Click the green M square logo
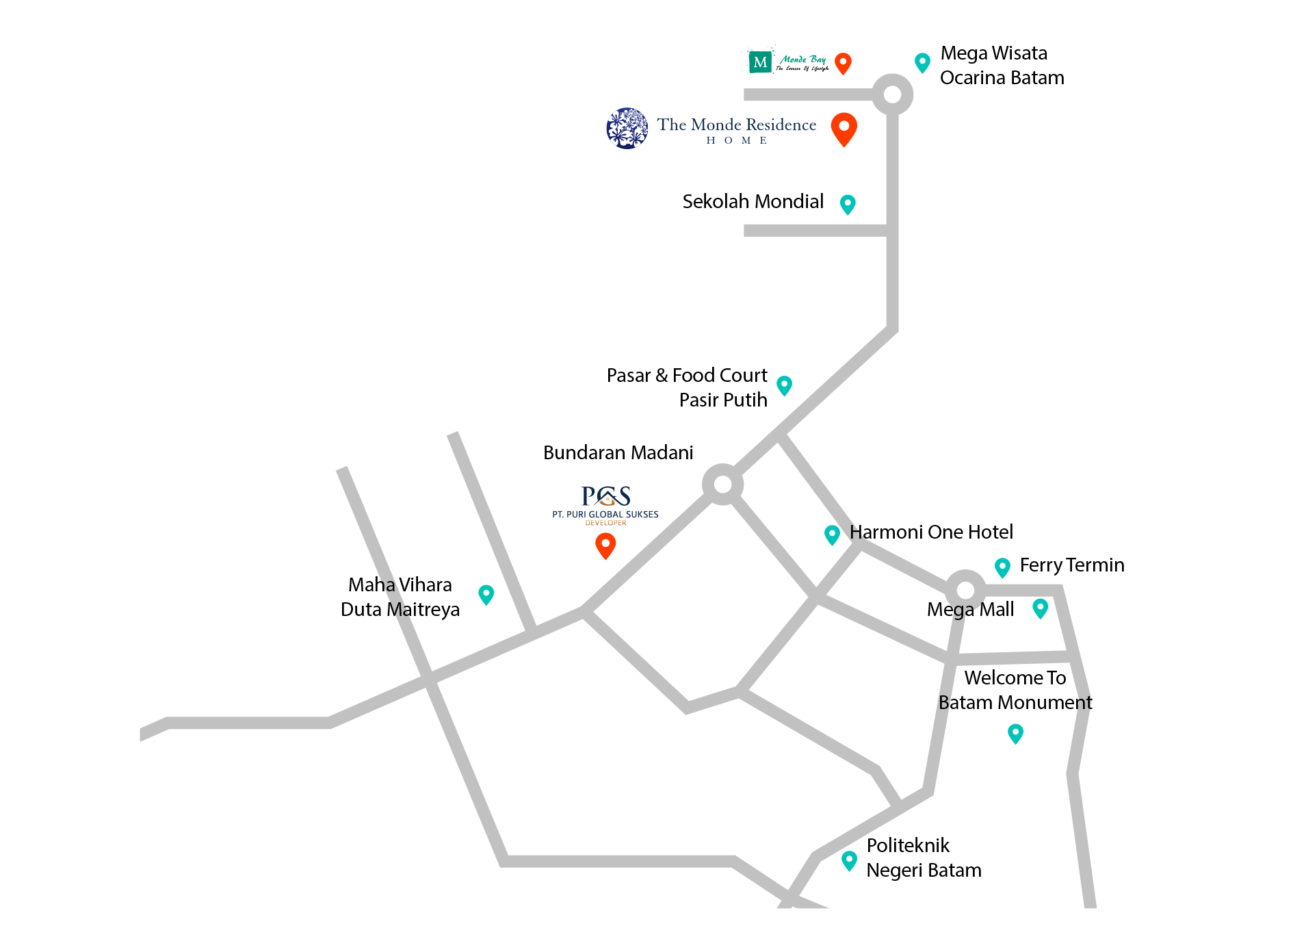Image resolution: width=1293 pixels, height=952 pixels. click(x=760, y=62)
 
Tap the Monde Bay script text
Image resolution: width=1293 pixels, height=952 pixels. click(x=802, y=60)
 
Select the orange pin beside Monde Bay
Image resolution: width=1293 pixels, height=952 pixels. click(x=843, y=63)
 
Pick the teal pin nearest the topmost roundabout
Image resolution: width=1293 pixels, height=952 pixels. click(x=922, y=62)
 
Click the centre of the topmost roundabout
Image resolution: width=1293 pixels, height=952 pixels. click(x=892, y=94)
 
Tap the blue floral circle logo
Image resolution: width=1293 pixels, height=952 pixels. click(x=627, y=127)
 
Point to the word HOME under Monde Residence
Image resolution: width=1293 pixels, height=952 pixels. click(x=737, y=140)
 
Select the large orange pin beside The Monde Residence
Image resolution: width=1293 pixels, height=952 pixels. click(x=844, y=128)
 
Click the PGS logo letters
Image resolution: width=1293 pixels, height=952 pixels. click(x=605, y=496)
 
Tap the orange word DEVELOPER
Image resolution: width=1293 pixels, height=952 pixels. click(x=605, y=523)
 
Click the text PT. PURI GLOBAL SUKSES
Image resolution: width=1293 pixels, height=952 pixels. click(x=605, y=514)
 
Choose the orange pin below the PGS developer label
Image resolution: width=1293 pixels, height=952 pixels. click(x=605, y=545)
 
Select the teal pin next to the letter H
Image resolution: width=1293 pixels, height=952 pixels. click(x=832, y=534)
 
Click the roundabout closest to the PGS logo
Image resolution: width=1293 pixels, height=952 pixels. click(x=722, y=485)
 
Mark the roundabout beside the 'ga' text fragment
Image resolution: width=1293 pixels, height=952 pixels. click(x=965, y=590)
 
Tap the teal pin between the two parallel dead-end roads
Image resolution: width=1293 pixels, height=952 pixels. click(x=486, y=594)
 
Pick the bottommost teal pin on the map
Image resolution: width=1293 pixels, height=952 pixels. click(x=849, y=860)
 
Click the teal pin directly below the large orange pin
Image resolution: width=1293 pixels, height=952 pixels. click(x=848, y=204)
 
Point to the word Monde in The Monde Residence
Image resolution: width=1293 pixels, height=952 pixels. click(x=716, y=125)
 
